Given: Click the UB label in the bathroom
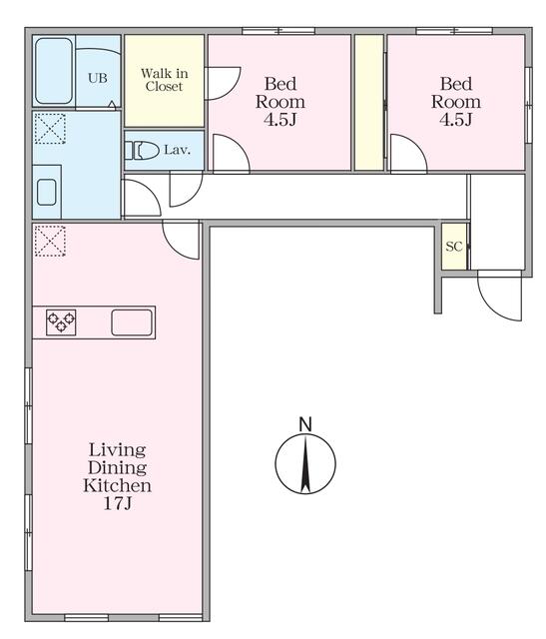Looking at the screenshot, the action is (x=98, y=78).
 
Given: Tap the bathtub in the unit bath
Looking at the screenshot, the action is (x=54, y=71).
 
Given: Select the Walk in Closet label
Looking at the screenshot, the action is (x=165, y=80).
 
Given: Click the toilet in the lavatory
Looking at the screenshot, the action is (x=142, y=151).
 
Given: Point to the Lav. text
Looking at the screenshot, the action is (x=178, y=150).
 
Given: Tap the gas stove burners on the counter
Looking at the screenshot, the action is (x=61, y=322).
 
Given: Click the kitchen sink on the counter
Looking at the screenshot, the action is (x=132, y=322).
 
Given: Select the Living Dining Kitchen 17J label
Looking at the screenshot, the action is (x=118, y=476).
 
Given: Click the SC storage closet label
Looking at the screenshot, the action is (x=454, y=247).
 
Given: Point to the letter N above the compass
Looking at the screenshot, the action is (x=305, y=424).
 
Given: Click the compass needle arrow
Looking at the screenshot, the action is (x=305, y=463).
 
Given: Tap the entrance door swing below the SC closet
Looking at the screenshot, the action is (x=500, y=296).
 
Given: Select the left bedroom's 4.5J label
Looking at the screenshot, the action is (x=279, y=120).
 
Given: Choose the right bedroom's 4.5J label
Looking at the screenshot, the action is (x=455, y=120).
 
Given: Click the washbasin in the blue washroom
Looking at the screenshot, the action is (x=47, y=192).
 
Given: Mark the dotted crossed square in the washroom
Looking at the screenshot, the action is (x=50, y=129).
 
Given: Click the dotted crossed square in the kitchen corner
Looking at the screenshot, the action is (x=50, y=241).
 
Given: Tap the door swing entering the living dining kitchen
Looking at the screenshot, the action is (x=181, y=240).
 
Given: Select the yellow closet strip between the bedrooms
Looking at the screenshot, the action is (x=369, y=102).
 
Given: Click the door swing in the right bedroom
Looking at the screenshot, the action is (x=408, y=153).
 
